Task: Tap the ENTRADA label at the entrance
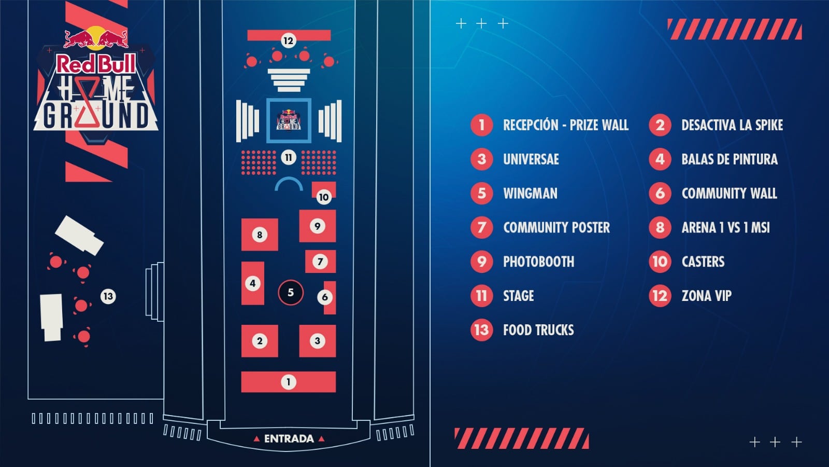point(289,439)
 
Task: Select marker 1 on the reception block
point(289,382)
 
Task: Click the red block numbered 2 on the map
point(260,341)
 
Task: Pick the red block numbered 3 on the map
point(318,341)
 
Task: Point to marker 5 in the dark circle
point(291,293)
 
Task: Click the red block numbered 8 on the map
point(260,235)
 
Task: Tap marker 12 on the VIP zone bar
point(288,40)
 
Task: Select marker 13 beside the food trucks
point(108,296)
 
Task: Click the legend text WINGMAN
point(530,194)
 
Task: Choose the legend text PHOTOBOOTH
point(538,262)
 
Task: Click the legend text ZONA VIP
point(706,296)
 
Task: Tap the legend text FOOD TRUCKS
point(538,330)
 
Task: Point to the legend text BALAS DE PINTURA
point(729,159)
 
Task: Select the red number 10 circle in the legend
point(660,262)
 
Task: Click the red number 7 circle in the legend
point(481,227)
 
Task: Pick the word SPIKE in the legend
point(769,125)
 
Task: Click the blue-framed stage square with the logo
point(289,120)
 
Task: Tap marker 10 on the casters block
point(323,197)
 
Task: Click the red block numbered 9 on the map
point(318,226)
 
